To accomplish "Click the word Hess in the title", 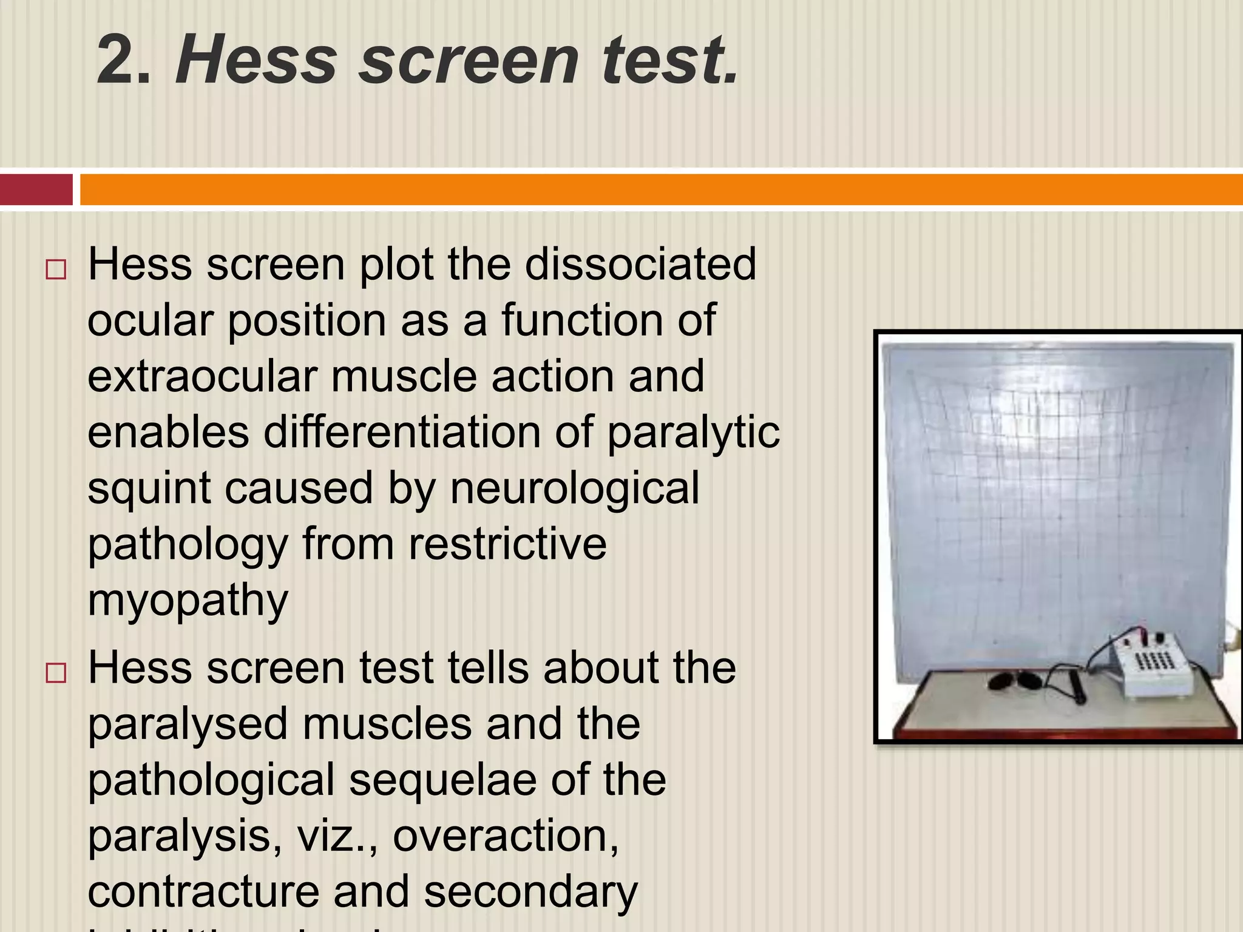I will coord(256,59).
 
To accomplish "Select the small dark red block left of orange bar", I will coord(35,189).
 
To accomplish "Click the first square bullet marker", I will coord(55,269).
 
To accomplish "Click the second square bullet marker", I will coord(55,673).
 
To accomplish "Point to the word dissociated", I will coord(640,265).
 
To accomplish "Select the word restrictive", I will coord(507,544).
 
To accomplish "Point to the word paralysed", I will coord(188,724).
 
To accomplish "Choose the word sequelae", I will coord(442,780).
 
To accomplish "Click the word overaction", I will coord(506,836).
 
